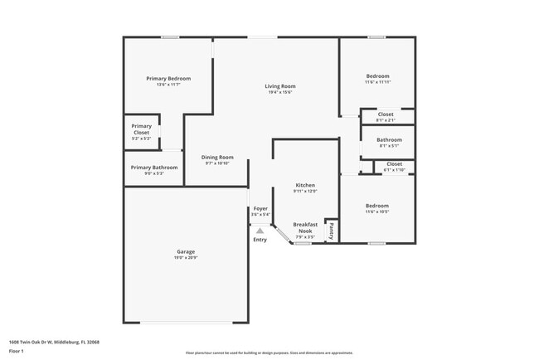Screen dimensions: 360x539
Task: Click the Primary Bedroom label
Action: click(x=163, y=78)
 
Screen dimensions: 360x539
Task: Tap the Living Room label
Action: click(x=280, y=86)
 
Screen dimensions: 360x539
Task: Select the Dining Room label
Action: click(x=217, y=157)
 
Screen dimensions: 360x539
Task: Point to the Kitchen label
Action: click(x=305, y=185)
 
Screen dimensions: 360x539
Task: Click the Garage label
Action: click(x=186, y=251)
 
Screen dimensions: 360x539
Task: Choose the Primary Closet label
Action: click(x=141, y=129)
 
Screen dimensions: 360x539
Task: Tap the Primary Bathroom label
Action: click(x=148, y=167)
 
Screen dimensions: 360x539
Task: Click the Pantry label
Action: click(x=331, y=230)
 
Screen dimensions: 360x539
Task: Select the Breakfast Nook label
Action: click(x=305, y=228)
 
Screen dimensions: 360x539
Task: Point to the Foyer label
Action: click(x=260, y=208)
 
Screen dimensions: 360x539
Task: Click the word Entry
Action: click(x=260, y=240)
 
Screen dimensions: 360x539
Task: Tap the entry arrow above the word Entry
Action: click(x=260, y=231)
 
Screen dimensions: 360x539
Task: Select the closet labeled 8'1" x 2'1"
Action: click(x=386, y=119)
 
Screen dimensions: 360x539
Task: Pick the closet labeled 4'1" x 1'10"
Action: click(x=394, y=169)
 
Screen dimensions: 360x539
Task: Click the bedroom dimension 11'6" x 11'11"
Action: click(x=378, y=82)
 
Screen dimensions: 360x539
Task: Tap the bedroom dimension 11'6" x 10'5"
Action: click(x=377, y=211)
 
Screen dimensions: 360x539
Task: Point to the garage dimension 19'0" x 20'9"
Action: click(x=186, y=257)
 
